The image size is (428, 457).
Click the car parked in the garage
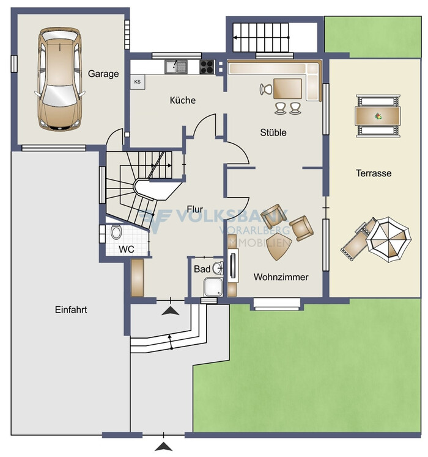point(59,79)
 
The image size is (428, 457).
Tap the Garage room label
point(103,74)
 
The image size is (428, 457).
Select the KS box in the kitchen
point(138,82)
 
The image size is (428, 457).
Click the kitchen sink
point(175,67)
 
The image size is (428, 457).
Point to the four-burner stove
point(207,67)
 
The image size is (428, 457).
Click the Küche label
point(183,100)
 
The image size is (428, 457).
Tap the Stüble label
point(273,132)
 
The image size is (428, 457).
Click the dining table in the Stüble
point(287,88)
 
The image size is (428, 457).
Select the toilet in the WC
point(116,232)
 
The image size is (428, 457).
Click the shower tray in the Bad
point(213,287)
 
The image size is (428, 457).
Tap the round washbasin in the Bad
point(218,268)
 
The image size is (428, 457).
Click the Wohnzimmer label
point(281,277)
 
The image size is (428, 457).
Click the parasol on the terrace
point(389,239)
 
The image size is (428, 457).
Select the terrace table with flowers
point(378,116)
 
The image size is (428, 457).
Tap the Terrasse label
point(374,173)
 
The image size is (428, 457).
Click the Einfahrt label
point(71,309)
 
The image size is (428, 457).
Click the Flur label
point(195,209)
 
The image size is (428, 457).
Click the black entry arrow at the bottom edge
point(163,447)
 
